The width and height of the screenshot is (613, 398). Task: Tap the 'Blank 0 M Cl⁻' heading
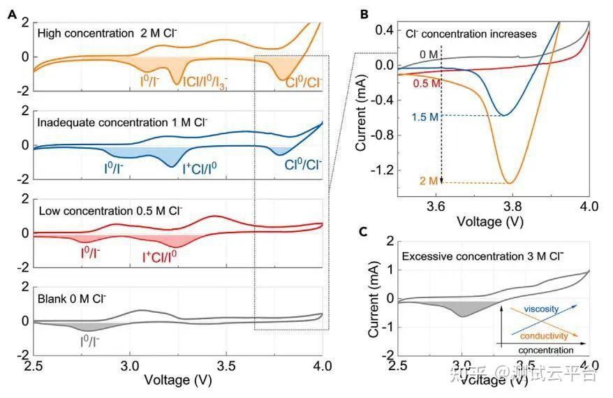click(72, 299)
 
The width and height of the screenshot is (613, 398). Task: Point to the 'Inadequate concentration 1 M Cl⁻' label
click(123, 121)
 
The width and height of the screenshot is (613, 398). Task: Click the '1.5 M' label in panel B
click(425, 116)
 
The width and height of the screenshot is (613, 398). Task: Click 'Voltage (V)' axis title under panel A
click(177, 381)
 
